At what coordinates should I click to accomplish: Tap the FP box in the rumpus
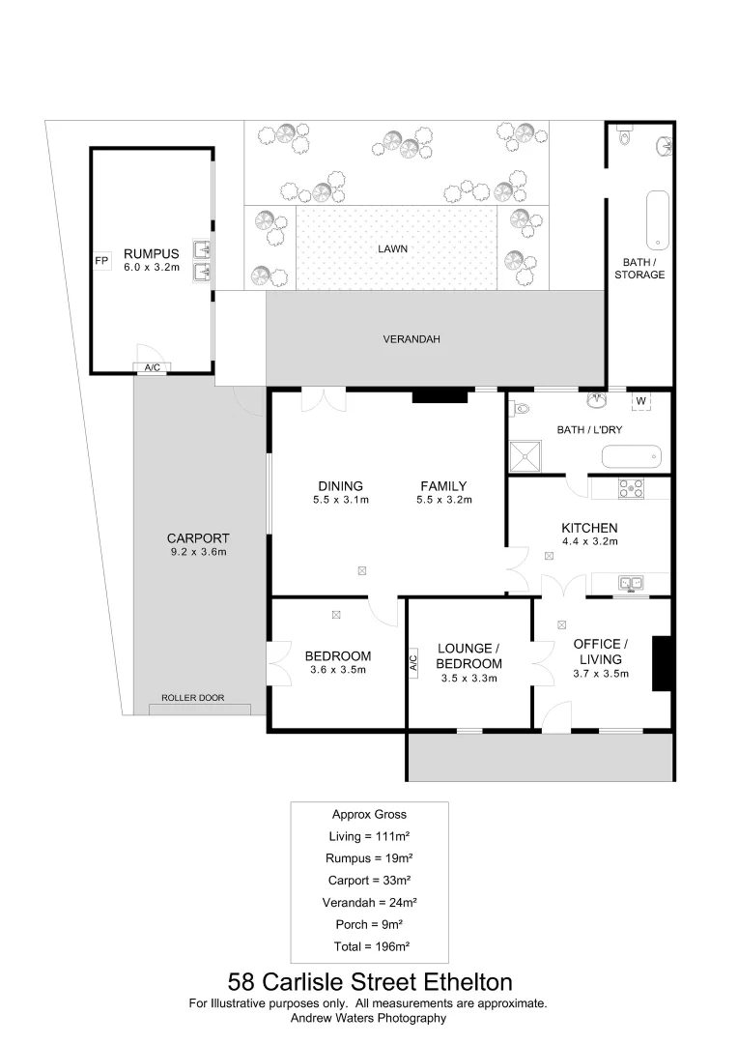point(100,261)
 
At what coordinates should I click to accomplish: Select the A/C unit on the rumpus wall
point(152,367)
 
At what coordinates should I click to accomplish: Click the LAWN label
point(392,248)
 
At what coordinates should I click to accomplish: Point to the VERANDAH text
point(412,339)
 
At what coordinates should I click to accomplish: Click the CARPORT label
point(198,538)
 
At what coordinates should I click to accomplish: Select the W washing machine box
point(640,401)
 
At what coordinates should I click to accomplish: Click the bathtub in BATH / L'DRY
point(631,455)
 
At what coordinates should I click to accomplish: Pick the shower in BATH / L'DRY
point(526,455)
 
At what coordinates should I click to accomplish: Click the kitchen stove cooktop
point(631,488)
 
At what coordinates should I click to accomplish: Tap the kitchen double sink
point(633,582)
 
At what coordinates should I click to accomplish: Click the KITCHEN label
point(589,528)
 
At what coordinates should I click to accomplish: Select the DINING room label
point(340,486)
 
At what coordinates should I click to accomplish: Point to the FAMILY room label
point(443,486)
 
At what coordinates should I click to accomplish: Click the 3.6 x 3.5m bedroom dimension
point(338,670)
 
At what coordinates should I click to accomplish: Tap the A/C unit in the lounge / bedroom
point(412,663)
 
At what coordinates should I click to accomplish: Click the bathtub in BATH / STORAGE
point(657,219)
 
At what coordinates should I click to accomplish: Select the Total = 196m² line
point(369,946)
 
